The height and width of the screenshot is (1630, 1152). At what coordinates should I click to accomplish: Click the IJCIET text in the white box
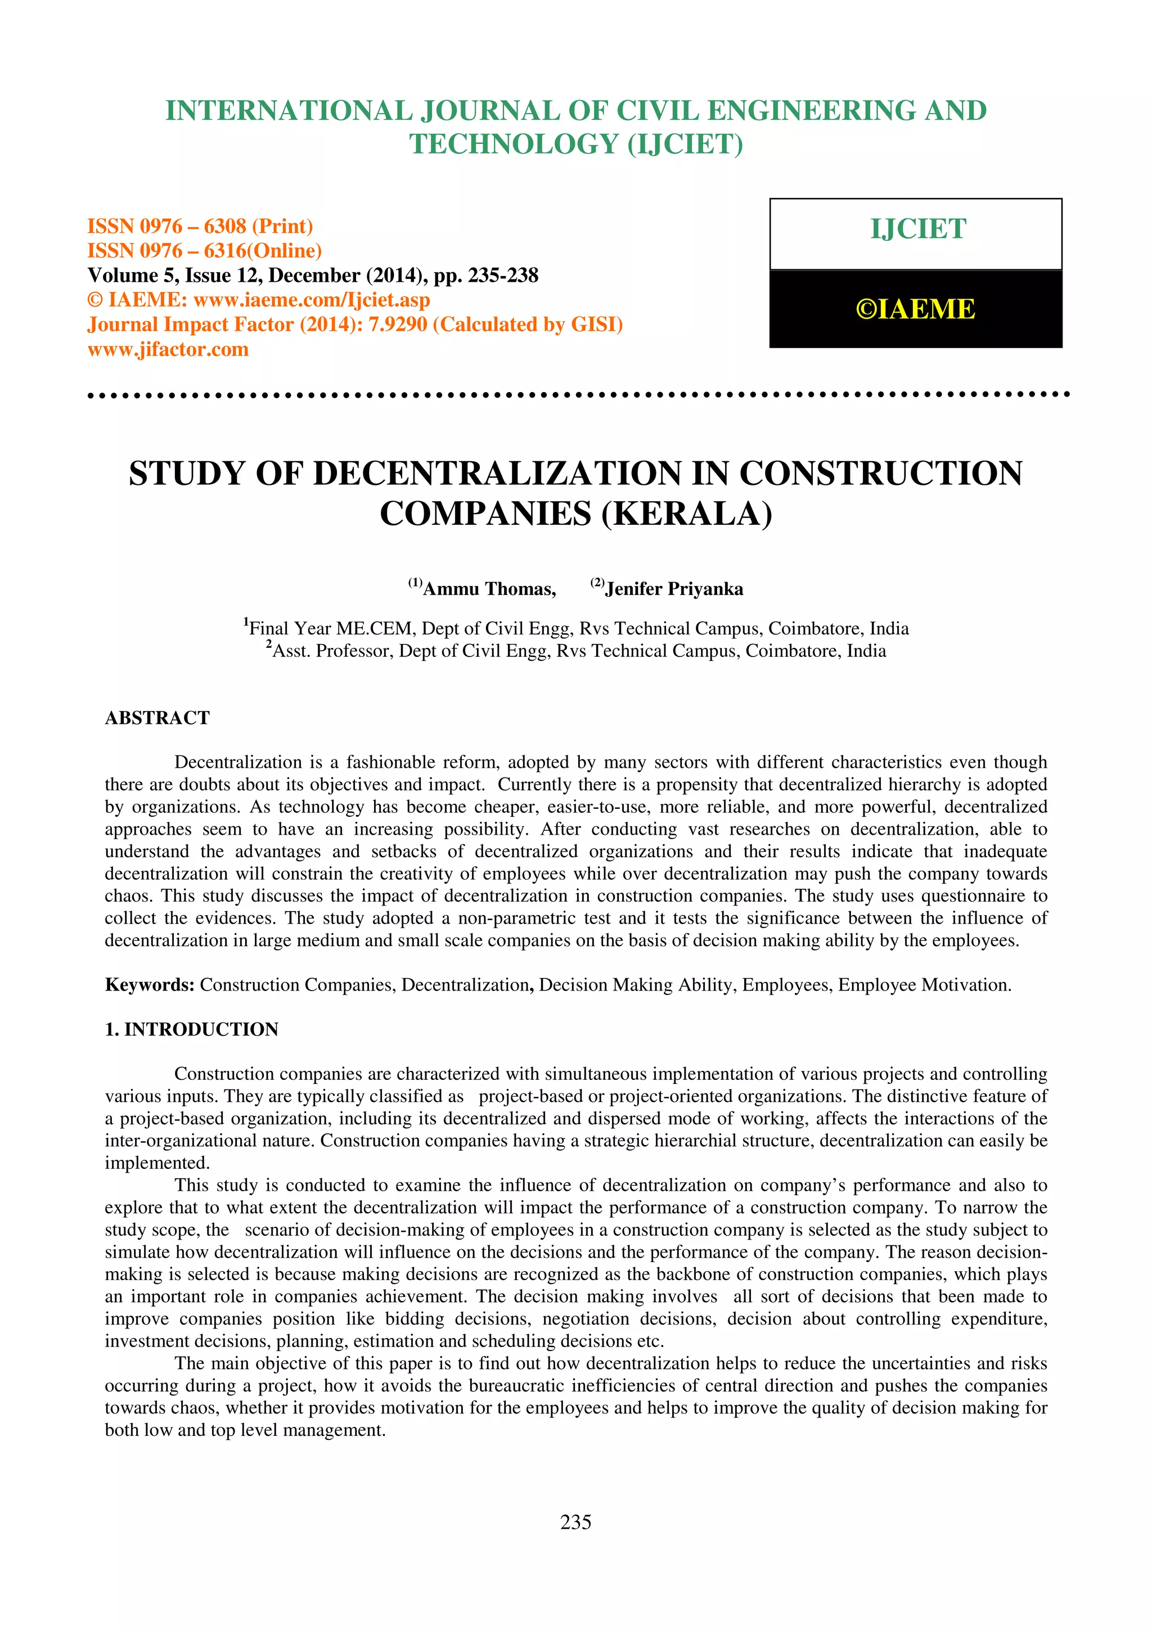[x=918, y=229]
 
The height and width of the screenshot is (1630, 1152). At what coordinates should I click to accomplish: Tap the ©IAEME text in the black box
[x=915, y=309]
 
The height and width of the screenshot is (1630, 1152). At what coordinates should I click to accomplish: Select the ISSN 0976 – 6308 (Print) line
[x=200, y=227]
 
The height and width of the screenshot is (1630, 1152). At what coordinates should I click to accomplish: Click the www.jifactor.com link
[x=168, y=349]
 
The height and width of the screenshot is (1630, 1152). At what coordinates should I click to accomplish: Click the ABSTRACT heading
[x=157, y=718]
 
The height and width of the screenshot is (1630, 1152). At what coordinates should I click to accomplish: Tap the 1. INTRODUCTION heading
[x=192, y=1029]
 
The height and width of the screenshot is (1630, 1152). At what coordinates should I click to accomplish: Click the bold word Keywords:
[x=150, y=985]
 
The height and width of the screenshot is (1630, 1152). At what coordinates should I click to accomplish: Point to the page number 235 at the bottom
[x=575, y=1522]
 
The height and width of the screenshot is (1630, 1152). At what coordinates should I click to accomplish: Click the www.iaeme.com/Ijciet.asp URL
[x=312, y=300]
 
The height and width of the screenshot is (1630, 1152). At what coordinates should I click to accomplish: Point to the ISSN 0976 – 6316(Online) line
[x=204, y=251]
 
